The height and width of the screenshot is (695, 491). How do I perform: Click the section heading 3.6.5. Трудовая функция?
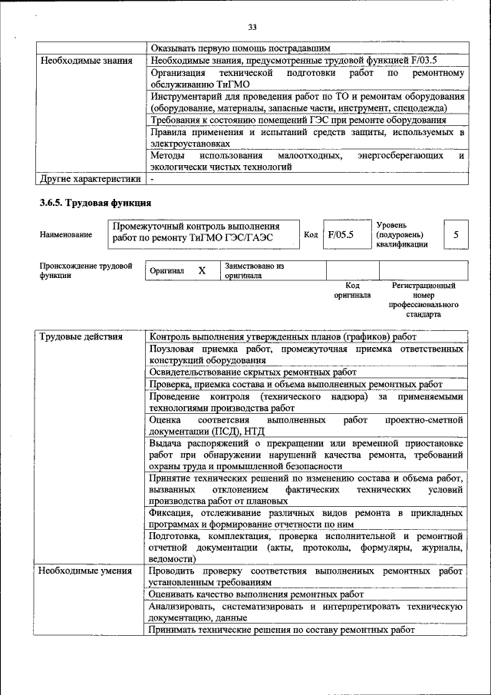click(x=94, y=203)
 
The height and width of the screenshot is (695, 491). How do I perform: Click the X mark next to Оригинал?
click(x=202, y=271)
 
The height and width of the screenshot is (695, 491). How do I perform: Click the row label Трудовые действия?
click(x=81, y=336)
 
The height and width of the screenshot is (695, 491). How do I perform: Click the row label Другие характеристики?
click(x=90, y=179)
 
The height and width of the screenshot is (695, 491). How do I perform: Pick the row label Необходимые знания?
click(x=86, y=60)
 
